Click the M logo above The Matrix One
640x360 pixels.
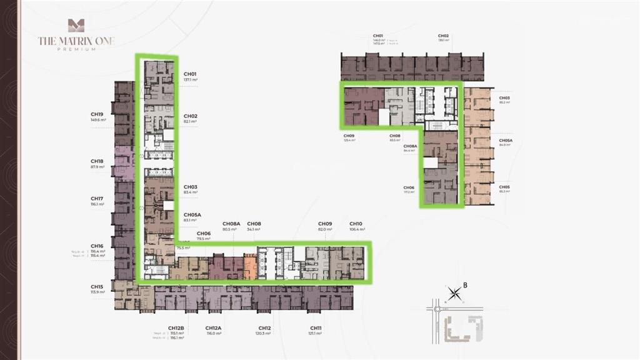click(x=76, y=26)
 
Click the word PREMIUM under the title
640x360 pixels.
click(x=76, y=49)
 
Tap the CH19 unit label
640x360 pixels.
click(x=97, y=114)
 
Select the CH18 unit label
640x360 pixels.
click(x=97, y=161)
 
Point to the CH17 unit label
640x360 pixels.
click(x=97, y=199)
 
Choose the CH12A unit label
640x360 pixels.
click(x=214, y=328)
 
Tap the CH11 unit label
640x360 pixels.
click(x=316, y=328)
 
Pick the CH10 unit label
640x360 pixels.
click(x=356, y=224)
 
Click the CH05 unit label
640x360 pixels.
click(x=504, y=187)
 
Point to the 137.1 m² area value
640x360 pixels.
click(x=191, y=80)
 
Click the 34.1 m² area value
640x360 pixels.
click(x=254, y=229)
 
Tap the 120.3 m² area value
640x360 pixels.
click(x=264, y=334)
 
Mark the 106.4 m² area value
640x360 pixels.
click(x=356, y=229)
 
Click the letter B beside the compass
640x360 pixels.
click(x=466, y=286)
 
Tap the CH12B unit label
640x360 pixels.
click(x=176, y=328)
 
